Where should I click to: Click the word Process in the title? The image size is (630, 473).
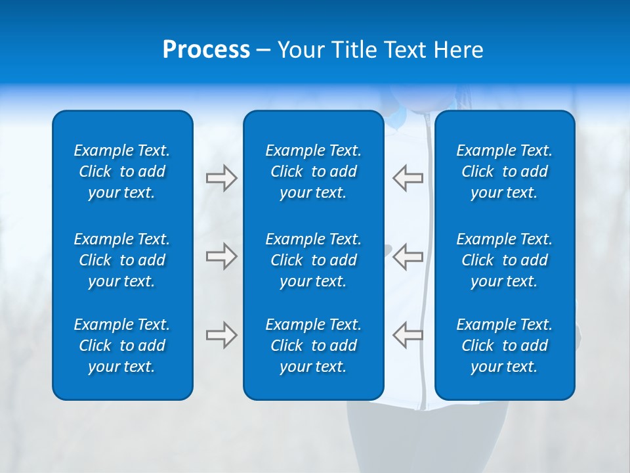pos(206,50)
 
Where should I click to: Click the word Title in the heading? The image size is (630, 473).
pos(354,50)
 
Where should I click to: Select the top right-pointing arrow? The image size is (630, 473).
pos(221,178)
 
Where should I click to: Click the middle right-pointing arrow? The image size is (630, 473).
pos(221,256)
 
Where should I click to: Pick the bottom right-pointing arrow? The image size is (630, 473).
pos(221,335)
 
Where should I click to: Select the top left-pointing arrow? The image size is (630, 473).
pos(408,178)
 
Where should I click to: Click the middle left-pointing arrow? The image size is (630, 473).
pos(408,256)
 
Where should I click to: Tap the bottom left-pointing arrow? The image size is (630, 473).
pos(408,335)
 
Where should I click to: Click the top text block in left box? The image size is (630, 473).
pos(122,171)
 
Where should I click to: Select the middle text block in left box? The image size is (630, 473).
pos(122,260)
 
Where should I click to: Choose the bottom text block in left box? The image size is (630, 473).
pos(122,346)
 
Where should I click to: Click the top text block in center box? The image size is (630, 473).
pos(313,171)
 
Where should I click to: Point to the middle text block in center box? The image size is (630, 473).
pos(313,260)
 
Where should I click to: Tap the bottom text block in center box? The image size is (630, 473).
pos(313,346)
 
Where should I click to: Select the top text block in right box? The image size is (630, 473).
pos(504,171)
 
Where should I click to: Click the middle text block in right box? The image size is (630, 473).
pos(504,260)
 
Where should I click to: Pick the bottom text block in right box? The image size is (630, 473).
pos(504,346)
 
